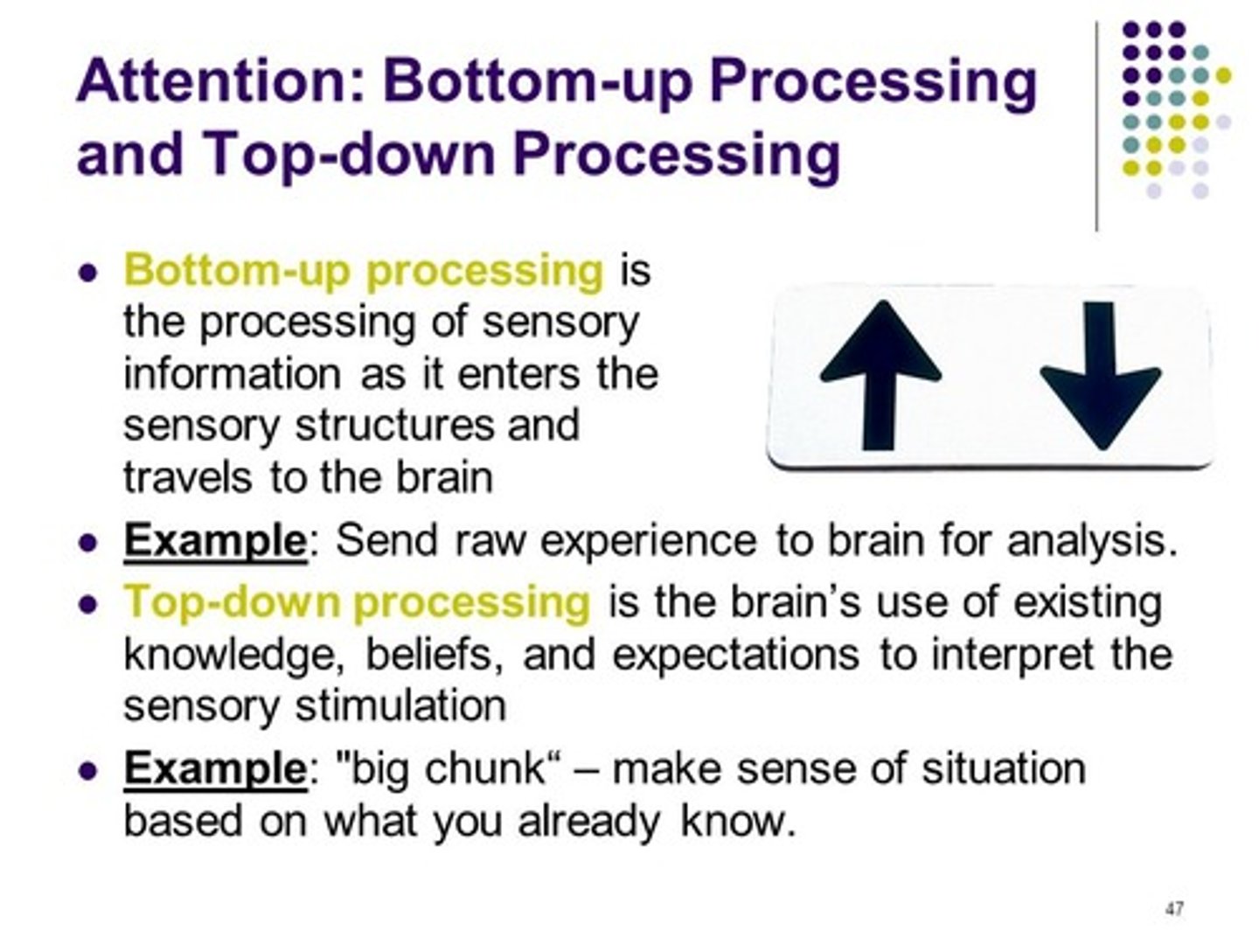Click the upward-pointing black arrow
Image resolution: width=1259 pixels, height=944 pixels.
click(x=880, y=376)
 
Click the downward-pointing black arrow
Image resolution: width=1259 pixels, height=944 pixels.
click(x=1101, y=376)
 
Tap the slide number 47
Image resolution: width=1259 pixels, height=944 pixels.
click(x=1174, y=909)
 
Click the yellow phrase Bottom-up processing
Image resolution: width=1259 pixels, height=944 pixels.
click(x=363, y=270)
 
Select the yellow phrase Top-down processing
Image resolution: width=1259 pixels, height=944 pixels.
click(x=357, y=601)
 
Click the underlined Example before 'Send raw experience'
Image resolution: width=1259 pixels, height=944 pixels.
click(x=214, y=540)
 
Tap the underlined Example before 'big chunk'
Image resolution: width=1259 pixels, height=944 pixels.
click(x=214, y=768)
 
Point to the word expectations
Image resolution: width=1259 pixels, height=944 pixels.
click(x=735, y=655)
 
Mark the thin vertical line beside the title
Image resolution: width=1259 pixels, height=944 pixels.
click(x=1096, y=127)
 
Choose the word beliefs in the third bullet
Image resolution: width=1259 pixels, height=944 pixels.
click(x=434, y=655)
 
